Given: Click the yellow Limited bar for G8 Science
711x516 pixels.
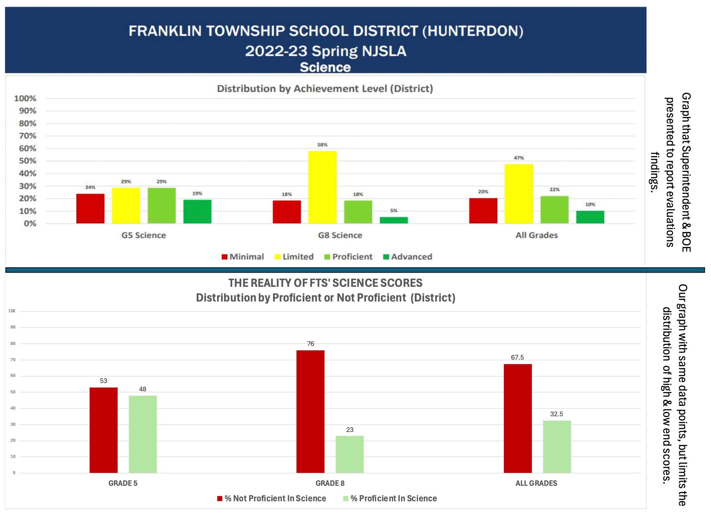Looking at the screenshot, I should point(322,187).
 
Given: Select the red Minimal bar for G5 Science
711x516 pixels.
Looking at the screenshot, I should point(90,208).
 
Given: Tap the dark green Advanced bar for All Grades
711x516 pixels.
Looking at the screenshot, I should point(590,217).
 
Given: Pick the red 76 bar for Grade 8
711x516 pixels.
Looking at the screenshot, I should point(310,411).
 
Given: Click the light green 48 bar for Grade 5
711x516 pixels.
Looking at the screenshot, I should point(143,434).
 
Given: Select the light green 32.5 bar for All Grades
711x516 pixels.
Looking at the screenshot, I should point(557,447).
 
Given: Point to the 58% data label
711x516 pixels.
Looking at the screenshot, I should point(322,145).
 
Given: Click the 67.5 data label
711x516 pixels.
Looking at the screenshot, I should point(517,357).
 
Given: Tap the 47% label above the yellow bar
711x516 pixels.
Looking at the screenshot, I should point(519,158).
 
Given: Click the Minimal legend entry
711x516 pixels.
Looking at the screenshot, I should point(243,257).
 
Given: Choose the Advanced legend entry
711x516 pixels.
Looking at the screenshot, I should point(408,257).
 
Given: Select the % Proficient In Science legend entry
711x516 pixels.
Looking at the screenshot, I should point(390,498).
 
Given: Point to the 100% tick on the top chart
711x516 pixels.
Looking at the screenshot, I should point(25,99).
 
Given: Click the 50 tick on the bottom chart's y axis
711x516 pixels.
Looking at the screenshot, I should point(13,392).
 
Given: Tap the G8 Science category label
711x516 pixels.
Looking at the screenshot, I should point(340,235).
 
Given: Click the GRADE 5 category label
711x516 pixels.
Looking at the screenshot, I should point(123,483).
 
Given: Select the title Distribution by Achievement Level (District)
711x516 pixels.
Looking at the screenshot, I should point(325,88).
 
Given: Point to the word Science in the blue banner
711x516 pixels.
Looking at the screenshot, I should point(325,67).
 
